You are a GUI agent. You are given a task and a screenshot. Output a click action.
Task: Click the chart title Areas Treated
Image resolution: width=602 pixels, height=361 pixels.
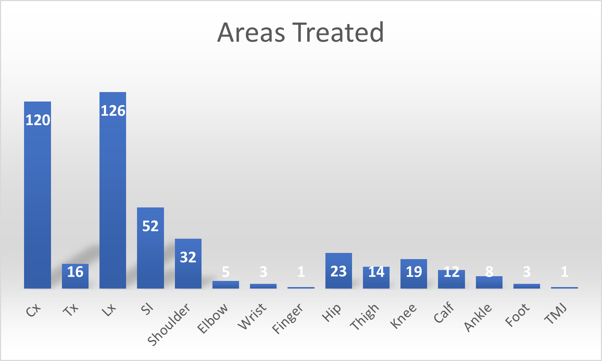(301, 32)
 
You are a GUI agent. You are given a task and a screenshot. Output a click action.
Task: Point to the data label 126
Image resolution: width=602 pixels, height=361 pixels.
(113, 111)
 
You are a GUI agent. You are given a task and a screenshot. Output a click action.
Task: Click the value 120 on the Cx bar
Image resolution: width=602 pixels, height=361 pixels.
(38, 120)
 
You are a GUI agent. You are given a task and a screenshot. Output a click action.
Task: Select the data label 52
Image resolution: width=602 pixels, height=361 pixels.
(150, 226)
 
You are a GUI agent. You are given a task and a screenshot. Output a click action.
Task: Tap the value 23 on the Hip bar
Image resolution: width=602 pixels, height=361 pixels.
(339, 271)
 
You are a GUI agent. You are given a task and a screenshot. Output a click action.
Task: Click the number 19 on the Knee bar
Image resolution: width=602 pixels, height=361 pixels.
(414, 271)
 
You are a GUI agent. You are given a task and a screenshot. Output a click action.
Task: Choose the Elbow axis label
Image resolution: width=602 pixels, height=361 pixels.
(213, 318)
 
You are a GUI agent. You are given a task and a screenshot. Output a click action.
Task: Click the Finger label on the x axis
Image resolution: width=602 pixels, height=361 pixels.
(288, 318)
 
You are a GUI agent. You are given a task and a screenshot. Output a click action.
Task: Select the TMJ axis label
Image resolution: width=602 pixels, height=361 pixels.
(556, 314)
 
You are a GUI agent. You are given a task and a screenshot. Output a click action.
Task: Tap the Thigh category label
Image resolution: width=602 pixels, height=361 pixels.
(365, 317)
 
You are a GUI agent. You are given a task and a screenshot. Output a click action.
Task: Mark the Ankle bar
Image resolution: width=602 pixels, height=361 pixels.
(489, 282)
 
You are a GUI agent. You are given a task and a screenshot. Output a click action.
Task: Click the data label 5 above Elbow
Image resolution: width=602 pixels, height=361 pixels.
(226, 271)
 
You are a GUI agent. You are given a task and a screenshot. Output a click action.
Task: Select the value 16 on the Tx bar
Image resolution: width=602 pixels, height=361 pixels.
(75, 272)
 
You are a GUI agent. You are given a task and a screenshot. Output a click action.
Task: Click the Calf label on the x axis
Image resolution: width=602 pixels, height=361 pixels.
(444, 313)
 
